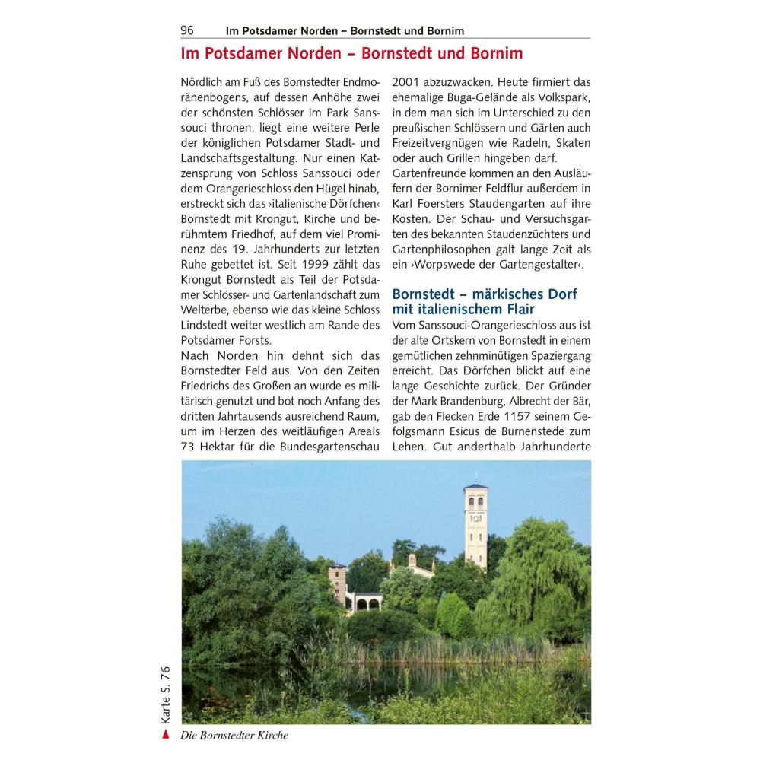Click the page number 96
187,30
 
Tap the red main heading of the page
351,54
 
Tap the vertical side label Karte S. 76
166,694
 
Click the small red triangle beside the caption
166,735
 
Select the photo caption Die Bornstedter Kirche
234,736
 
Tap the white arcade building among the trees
364,602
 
